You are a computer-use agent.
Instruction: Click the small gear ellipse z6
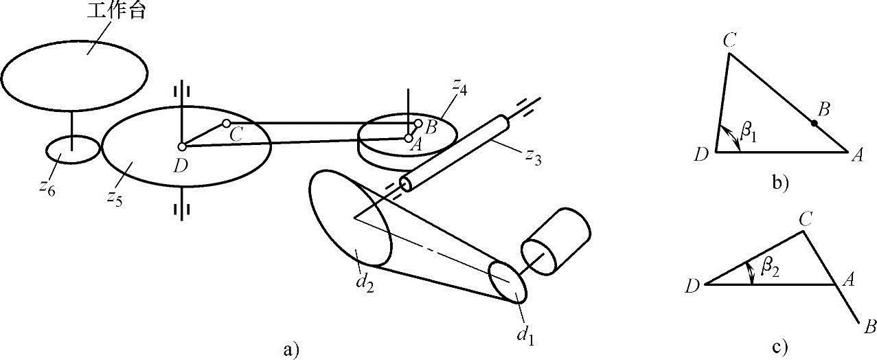point(72,149)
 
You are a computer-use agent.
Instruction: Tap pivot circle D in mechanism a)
point(182,146)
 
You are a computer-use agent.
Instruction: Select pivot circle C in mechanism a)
point(226,124)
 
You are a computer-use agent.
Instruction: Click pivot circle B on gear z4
point(418,124)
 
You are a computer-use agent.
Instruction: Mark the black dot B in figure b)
point(814,124)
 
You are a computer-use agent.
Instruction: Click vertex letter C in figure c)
point(808,218)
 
